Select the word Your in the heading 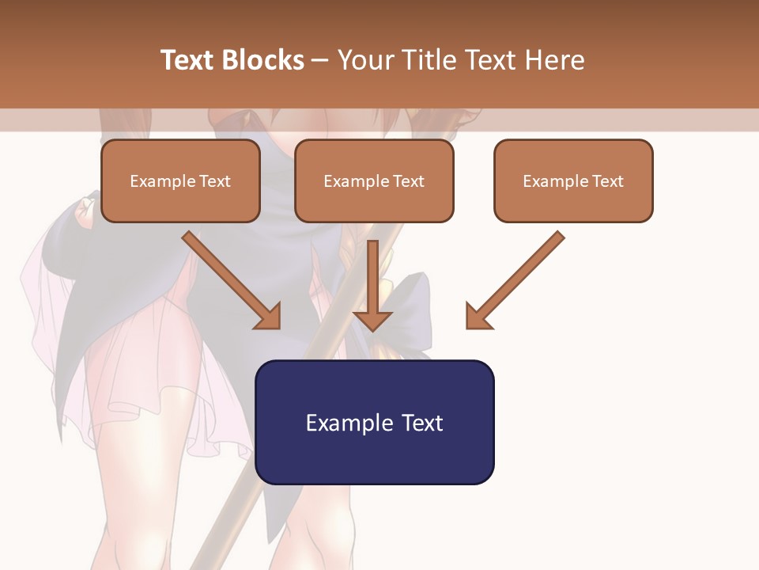(364, 60)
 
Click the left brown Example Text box (180, 180)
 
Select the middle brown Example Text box (374, 180)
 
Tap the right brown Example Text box (573, 180)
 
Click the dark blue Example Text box (374, 422)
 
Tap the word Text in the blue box (422, 423)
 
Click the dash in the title (320, 60)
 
